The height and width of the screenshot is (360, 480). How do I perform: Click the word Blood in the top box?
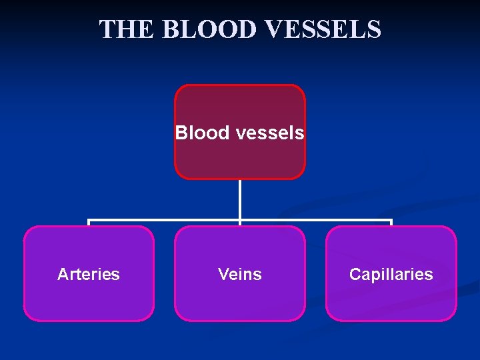coord(202,133)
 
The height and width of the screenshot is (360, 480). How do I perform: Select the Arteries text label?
coord(89,274)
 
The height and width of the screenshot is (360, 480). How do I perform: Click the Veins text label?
coord(240,274)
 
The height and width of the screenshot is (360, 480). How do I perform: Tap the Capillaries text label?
coord(391,274)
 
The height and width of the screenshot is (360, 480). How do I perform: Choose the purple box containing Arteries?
coord(89,300)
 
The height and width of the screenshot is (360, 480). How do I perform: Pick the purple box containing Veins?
coord(240,300)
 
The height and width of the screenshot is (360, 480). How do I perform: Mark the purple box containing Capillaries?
coord(391,300)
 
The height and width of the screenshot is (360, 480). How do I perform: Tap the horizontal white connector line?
coord(167,220)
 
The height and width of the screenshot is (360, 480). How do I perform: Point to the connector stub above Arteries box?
coord(89,223)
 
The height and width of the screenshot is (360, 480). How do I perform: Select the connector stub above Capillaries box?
coord(391,223)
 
